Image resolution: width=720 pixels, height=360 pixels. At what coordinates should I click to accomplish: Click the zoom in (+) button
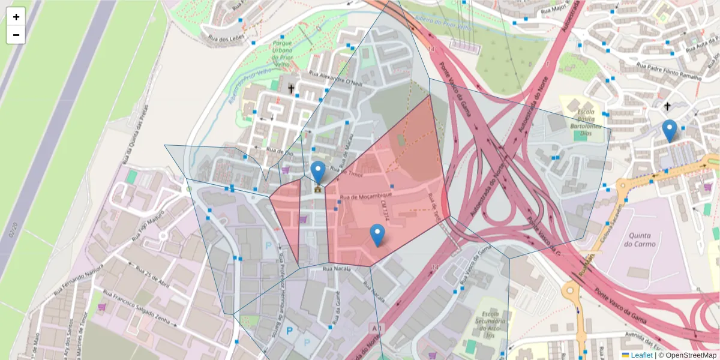16,17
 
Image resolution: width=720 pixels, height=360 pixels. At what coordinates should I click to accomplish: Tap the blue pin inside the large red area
377,235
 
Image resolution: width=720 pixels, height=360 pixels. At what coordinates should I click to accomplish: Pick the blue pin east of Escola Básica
669,131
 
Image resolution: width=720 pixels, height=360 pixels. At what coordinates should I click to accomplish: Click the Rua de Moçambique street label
366,196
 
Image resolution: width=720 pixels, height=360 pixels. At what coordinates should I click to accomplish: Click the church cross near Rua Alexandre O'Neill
292,89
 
